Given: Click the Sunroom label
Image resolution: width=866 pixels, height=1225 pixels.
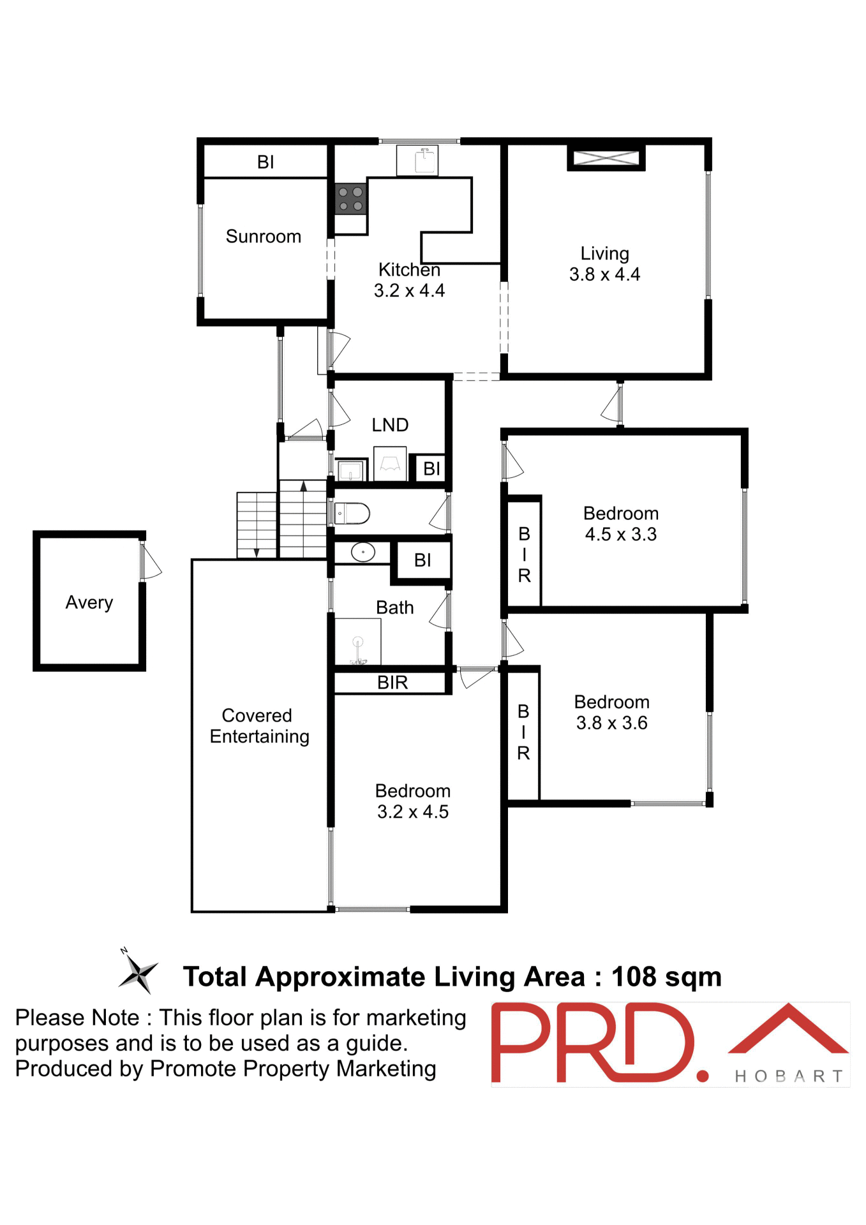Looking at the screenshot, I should tap(263, 237).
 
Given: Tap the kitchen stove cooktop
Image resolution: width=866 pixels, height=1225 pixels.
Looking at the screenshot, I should tap(350, 198).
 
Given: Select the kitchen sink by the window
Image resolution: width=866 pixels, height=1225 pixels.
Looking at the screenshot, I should tap(418, 160).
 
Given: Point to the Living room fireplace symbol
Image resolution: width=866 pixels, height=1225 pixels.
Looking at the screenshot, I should tap(606, 158).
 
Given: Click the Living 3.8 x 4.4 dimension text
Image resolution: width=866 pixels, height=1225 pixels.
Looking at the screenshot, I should tap(604, 275).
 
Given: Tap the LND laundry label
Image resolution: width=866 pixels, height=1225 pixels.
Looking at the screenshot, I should tap(390, 425).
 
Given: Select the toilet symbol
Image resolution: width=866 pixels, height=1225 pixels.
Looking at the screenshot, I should tap(353, 513).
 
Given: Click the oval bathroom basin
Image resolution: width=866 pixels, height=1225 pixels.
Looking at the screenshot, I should tap(362, 552).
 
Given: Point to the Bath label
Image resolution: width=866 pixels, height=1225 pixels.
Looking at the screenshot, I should tap(394, 607).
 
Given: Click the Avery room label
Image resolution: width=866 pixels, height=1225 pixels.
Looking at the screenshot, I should tap(89, 602).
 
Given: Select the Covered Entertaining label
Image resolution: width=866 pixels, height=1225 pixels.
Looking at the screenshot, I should tap(259, 726).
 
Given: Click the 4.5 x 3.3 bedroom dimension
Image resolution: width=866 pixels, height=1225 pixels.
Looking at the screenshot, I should tap(620, 535).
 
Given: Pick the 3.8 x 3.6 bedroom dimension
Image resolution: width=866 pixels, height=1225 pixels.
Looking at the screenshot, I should tap(611, 724).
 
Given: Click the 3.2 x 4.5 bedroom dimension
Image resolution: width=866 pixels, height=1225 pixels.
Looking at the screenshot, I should tap(412, 812).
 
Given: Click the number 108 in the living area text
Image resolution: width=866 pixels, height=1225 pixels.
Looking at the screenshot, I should tap(633, 977).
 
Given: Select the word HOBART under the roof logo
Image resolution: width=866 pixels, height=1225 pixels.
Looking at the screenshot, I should tap(788, 1076).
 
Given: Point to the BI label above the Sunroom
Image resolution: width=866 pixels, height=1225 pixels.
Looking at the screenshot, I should tap(265, 162).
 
